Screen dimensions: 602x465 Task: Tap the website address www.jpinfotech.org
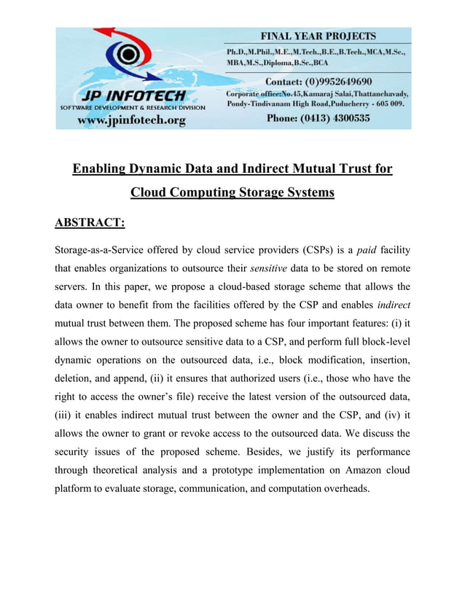click(x=131, y=120)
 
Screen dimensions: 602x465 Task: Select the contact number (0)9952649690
click(x=318, y=81)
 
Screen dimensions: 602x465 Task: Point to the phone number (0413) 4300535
click(x=318, y=118)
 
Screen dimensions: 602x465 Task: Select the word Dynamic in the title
click(x=168, y=170)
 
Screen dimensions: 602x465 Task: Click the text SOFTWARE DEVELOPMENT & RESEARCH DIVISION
click(x=132, y=107)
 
